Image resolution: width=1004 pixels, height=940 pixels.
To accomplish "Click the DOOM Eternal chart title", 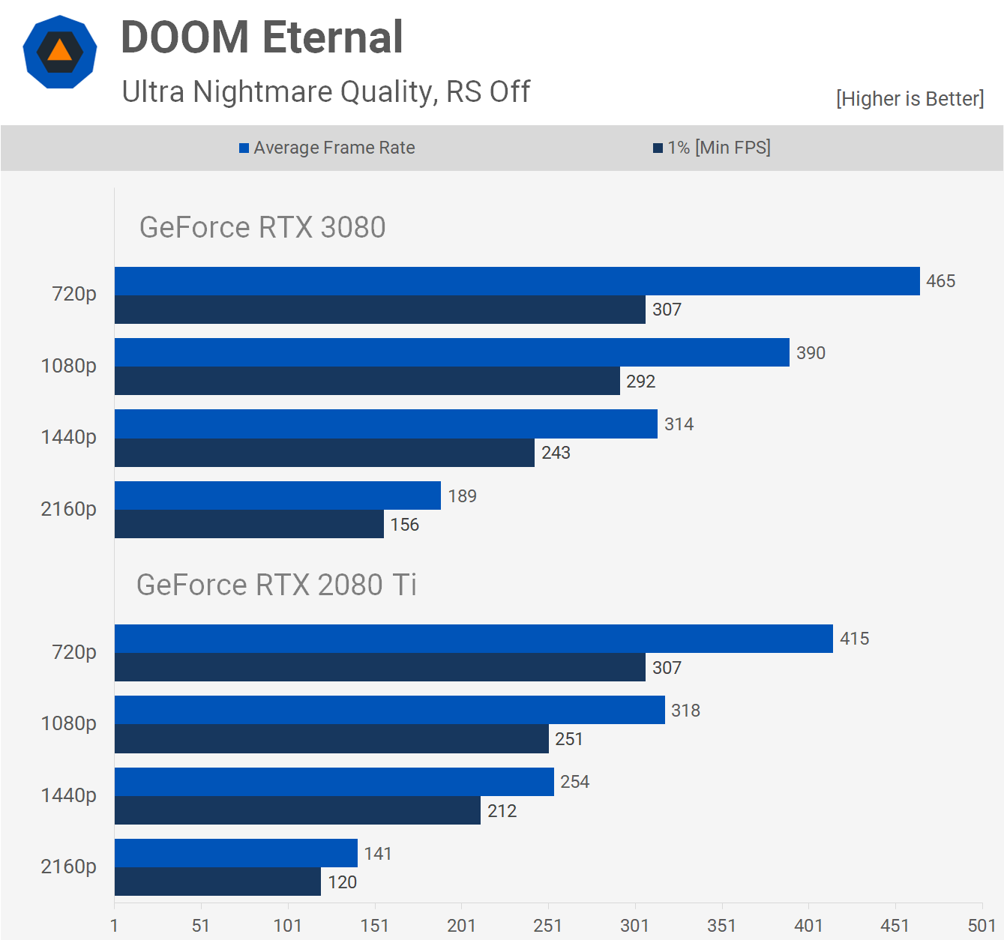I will pyautogui.click(x=262, y=37).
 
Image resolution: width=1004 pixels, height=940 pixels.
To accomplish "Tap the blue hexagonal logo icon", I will pyautogui.click(x=60, y=52).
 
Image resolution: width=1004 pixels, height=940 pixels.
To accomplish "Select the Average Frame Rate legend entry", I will pyautogui.click(x=327, y=148).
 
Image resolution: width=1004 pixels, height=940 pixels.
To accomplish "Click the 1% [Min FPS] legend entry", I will pyautogui.click(x=712, y=148).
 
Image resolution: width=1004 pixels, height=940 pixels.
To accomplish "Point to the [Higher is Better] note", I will pyautogui.click(x=910, y=99).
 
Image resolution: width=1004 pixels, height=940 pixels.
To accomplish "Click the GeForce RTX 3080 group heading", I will pyautogui.click(x=262, y=227).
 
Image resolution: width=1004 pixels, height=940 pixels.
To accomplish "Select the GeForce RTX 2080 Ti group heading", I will pyautogui.click(x=276, y=585).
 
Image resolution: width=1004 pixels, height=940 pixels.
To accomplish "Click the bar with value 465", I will pyautogui.click(x=517, y=281).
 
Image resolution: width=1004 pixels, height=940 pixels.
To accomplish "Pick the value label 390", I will pyautogui.click(x=811, y=353).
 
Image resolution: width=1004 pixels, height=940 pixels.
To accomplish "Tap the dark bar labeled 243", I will pyautogui.click(x=324, y=453).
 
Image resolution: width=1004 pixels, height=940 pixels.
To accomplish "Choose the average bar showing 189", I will pyautogui.click(x=277, y=495).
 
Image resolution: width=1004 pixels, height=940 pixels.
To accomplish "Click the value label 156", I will pyautogui.click(x=405, y=525).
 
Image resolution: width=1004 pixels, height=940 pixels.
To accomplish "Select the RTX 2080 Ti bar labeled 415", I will pyautogui.click(x=473, y=639).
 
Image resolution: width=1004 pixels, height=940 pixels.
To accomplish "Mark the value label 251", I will pyautogui.click(x=569, y=739).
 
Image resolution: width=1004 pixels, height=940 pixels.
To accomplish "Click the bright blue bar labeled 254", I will pyautogui.click(x=334, y=782).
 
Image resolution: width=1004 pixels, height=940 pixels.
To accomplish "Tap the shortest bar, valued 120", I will pyautogui.click(x=217, y=882).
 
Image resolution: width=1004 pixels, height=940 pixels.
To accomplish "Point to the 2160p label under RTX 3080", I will pyautogui.click(x=68, y=509).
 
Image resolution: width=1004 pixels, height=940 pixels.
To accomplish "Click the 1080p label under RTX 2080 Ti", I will pyautogui.click(x=68, y=723).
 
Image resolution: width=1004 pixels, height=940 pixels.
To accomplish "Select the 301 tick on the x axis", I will pyautogui.click(x=634, y=925).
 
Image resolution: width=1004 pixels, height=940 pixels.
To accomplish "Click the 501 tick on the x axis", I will pyautogui.click(x=982, y=925).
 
